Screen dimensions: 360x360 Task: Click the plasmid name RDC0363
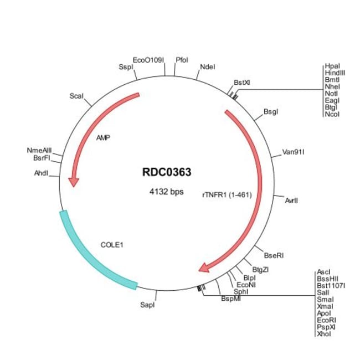tap(167, 172)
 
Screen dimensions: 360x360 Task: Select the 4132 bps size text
tap(167, 191)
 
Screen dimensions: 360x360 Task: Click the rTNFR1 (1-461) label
tap(227, 195)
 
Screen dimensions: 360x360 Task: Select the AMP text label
tap(104, 138)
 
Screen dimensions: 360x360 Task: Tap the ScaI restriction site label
tap(76, 96)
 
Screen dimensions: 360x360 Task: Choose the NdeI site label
tap(208, 67)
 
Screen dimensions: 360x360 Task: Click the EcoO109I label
tap(148, 60)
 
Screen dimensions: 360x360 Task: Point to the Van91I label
tap(293, 152)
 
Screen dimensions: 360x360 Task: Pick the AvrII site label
tap(291, 200)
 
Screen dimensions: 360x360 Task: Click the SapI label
tap(147, 305)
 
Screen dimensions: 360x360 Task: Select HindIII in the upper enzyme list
tap(335, 73)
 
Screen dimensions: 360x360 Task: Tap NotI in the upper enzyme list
tap(331, 94)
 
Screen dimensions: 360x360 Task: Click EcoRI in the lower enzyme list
tap(326, 320)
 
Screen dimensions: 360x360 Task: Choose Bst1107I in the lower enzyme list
tap(331, 286)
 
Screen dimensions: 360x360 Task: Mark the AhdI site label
tap(42, 173)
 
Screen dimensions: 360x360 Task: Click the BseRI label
tap(274, 255)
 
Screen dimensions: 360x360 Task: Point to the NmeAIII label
tap(39, 151)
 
